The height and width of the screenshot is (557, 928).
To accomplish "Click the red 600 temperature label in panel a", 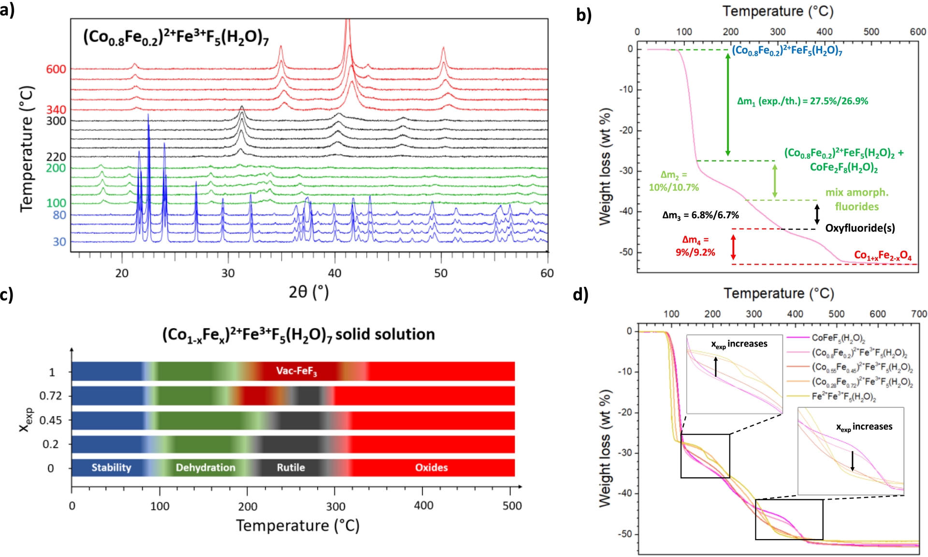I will pyautogui.click(x=56, y=69).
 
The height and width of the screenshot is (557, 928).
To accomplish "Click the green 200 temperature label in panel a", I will pyautogui.click(x=56, y=168).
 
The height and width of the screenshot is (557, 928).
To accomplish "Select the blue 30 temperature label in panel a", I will pyautogui.click(x=59, y=241).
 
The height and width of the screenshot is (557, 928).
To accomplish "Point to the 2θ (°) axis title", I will pyautogui.click(x=308, y=292).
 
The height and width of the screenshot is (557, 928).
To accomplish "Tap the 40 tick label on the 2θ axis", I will pyautogui.click(x=334, y=273).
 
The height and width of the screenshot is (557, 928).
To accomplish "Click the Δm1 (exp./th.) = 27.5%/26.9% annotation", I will pyautogui.click(x=802, y=101).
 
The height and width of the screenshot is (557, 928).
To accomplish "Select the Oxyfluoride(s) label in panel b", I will pyautogui.click(x=860, y=228).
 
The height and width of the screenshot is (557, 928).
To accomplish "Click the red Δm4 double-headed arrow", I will pyautogui.click(x=733, y=247).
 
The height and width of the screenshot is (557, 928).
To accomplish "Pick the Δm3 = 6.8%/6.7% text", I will pyautogui.click(x=700, y=215).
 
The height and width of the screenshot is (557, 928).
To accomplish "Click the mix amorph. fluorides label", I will pyautogui.click(x=856, y=199).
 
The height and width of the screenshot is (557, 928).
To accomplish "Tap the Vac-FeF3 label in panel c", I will pyautogui.click(x=296, y=371).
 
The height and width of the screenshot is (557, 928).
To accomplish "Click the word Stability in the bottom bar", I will pyautogui.click(x=111, y=467).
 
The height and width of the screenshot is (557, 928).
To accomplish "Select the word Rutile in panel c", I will pyautogui.click(x=290, y=467).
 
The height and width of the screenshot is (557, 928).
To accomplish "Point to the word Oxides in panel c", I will pyautogui.click(x=431, y=467).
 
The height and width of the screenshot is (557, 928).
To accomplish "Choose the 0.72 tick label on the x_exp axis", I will pyautogui.click(x=51, y=396).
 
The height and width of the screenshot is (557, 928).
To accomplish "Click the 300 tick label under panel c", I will pyautogui.click(x=335, y=506).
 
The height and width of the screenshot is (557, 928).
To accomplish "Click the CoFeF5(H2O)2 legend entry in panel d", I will pyautogui.click(x=838, y=338).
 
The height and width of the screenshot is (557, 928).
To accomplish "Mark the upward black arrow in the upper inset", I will pyautogui.click(x=716, y=367).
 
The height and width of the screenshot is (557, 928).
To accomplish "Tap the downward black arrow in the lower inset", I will pyautogui.click(x=853, y=461).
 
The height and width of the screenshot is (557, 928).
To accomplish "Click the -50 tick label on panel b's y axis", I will pyautogui.click(x=626, y=252).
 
